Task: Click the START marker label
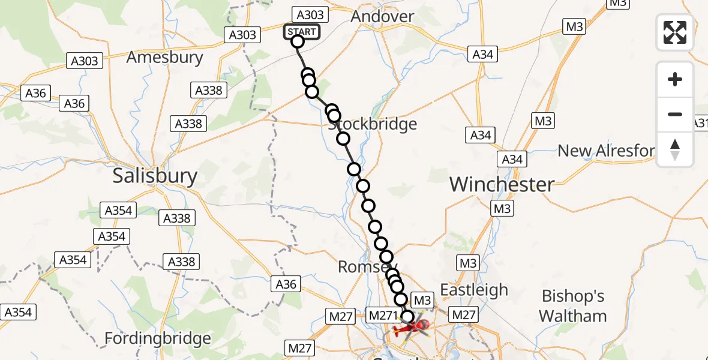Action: click(302, 32)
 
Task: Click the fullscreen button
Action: click(675, 32)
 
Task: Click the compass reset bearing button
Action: click(675, 149)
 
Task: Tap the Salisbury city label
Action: click(155, 176)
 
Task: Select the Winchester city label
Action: click(502, 184)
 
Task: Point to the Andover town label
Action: click(382, 16)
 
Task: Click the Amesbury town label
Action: click(165, 58)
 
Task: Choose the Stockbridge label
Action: click(373, 125)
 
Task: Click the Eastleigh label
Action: click(474, 290)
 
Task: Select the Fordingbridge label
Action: click(158, 338)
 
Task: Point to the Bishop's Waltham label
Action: click(573, 306)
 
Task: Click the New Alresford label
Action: click(606, 151)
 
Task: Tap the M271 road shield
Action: click(382, 315)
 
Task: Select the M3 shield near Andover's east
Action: click(574, 26)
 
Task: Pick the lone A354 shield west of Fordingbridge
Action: click(19, 312)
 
